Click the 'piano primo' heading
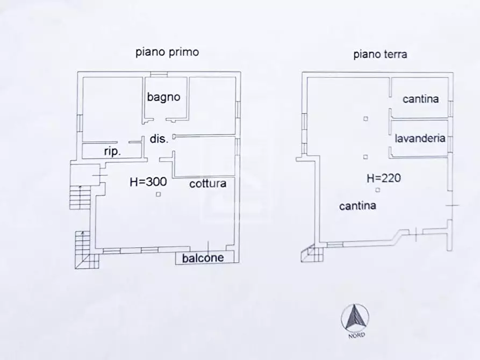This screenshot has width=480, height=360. [167, 52]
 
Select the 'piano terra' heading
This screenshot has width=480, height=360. [380, 54]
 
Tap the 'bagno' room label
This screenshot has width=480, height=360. [163, 97]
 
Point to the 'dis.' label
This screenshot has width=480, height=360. [159, 139]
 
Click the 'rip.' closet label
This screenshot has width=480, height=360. [112, 152]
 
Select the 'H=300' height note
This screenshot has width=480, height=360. [148, 182]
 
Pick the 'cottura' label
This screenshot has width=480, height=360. [208, 184]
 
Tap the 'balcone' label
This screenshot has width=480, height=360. [203, 258]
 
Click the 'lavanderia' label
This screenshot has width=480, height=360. [420, 139]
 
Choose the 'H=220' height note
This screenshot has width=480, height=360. [384, 178]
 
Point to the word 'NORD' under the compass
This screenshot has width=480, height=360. [356, 335]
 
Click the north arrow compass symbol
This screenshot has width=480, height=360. [355, 318]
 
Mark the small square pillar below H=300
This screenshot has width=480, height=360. [158, 194]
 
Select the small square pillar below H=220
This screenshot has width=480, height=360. [378, 190]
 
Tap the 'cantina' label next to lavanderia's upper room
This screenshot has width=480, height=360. [421, 99]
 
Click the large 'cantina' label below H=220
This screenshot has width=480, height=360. [357, 206]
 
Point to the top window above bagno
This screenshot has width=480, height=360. [159, 74]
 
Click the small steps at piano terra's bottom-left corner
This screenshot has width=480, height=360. [312, 254]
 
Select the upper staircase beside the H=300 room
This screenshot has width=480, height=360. [80, 197]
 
